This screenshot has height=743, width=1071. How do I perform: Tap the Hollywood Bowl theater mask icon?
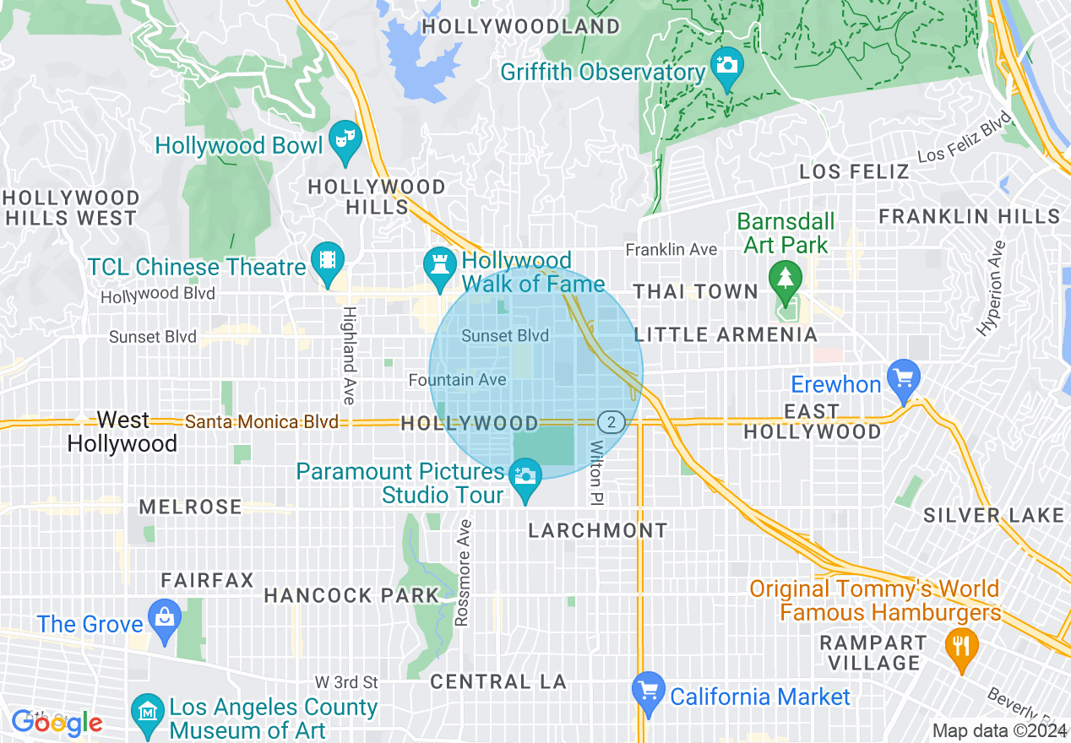[x=345, y=138]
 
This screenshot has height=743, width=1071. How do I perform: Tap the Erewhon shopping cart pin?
[x=903, y=376]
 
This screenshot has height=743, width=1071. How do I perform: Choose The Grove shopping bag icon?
[x=164, y=618]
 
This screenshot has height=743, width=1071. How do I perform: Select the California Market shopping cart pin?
[x=648, y=691]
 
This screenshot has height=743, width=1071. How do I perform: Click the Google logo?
[x=57, y=723]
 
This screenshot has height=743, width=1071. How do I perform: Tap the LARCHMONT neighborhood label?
[x=597, y=530]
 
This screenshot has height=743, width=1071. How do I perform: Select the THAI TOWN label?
[x=696, y=292]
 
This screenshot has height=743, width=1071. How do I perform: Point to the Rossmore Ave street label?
[x=462, y=572]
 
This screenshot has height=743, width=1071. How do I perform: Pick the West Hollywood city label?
[x=122, y=431]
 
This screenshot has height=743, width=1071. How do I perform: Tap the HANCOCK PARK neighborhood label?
[x=351, y=595]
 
